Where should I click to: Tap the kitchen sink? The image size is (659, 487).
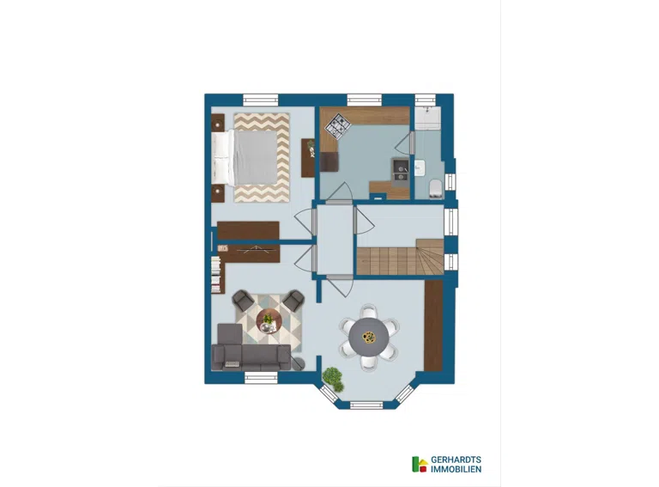pos(401,172)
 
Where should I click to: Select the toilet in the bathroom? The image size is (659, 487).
pos(436,188)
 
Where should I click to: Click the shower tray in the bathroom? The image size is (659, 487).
pos(428,118)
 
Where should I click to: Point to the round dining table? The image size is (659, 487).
pos(369,337)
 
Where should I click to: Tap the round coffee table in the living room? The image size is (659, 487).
pos(269,321)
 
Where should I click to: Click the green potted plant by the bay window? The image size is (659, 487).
pos(332,380)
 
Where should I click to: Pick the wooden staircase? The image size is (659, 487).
pos(400,257)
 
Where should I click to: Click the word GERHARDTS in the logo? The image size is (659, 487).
pos(456,460)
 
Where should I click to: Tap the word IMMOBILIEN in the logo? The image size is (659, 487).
pos(456,469)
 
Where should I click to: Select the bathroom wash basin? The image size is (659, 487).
pos(420,167)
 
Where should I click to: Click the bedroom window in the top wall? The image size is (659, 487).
pos(261,100)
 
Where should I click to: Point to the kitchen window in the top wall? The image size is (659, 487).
pos(365,100)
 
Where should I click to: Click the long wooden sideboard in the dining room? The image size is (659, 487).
pos(433,326)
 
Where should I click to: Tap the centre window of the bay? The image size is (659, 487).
pos(366,405)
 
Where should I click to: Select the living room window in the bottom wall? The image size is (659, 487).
pos(261,378)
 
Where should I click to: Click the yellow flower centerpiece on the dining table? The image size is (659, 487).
pos(369,337)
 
